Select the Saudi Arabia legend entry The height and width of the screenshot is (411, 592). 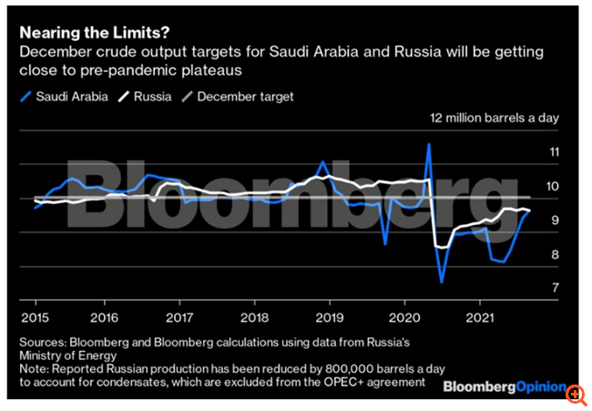pyautogui.click(x=66, y=96)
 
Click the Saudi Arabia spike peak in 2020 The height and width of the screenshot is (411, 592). pyautogui.click(x=429, y=144)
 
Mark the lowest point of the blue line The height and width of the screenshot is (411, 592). pyautogui.click(x=442, y=282)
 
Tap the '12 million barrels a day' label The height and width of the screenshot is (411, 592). pyautogui.click(x=494, y=118)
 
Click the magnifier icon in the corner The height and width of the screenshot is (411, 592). pyautogui.click(x=576, y=394)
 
